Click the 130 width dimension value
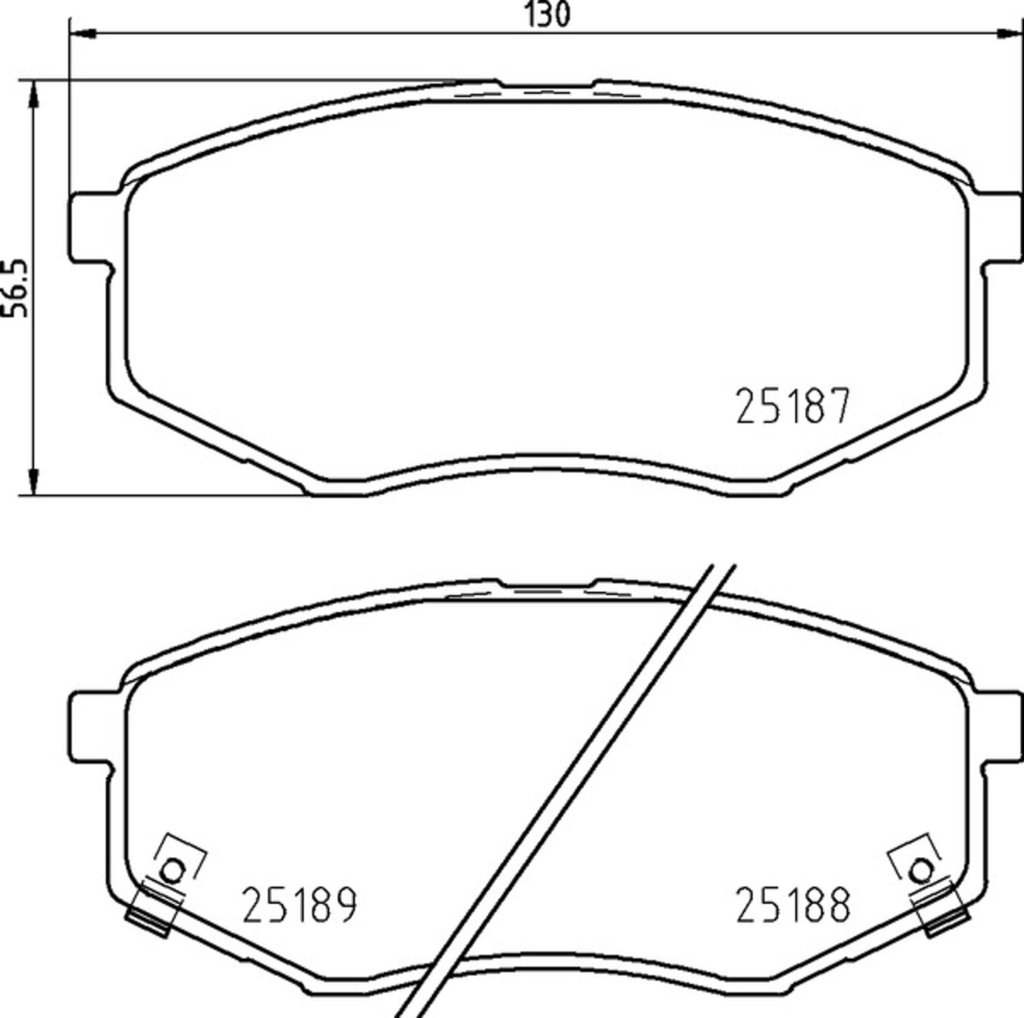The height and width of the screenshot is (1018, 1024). coord(547,14)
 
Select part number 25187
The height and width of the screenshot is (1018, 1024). coord(793,406)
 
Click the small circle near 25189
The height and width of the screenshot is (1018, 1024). coord(172,870)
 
